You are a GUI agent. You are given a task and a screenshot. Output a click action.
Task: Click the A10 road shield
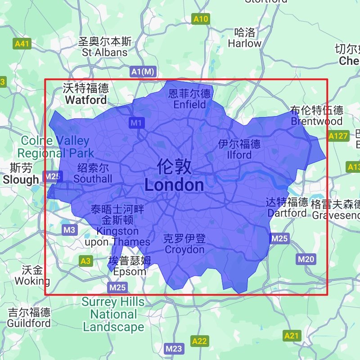coord(201,19)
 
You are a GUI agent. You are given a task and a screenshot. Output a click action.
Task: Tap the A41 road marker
coord(22,44)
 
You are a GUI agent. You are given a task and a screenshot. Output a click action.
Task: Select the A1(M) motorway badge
coord(143,72)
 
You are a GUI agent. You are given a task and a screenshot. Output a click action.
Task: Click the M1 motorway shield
coord(136,122)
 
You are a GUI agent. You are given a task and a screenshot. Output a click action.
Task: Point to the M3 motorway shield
coord(69,230)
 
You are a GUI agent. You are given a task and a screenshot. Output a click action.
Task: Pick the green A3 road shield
coord(85,260)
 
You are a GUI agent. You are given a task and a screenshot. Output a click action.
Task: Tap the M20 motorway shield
coord(306,259)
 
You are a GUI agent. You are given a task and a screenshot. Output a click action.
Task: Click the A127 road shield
coord(338,136)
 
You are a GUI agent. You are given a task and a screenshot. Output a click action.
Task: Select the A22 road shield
coord(200,341)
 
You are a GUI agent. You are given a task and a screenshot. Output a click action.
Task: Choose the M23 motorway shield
coord(174,348)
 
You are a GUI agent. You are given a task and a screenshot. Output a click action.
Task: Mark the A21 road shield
coord(292,335)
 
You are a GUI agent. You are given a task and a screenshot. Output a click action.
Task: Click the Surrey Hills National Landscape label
coord(113,314)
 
